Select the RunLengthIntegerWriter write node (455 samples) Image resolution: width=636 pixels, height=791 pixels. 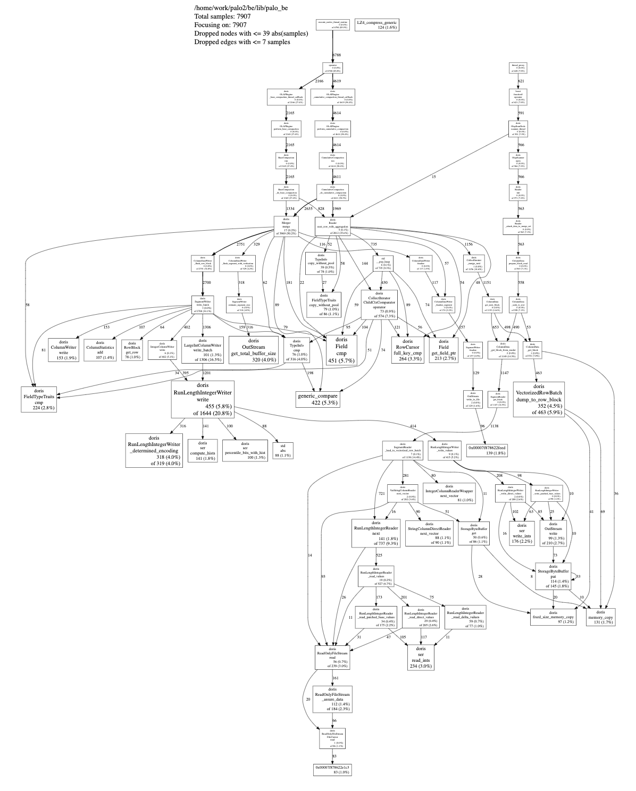[x=203, y=399]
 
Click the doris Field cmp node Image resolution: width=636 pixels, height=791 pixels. [x=341, y=350]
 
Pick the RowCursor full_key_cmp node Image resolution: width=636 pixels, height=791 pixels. [x=407, y=349]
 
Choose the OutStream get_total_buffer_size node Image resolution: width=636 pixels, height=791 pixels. [x=253, y=349]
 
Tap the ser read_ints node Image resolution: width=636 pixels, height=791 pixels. [x=421, y=656]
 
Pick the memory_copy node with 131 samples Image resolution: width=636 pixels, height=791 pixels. [x=600, y=616]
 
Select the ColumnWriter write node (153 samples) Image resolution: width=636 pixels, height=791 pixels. [x=63, y=349]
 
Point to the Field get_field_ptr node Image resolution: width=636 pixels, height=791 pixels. [x=443, y=349]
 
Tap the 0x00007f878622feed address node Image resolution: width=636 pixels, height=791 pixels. [x=487, y=450]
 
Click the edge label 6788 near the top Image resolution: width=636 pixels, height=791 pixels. [x=337, y=55]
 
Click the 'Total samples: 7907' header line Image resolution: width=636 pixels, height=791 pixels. [x=223, y=16]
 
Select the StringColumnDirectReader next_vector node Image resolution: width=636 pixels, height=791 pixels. [x=429, y=533]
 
